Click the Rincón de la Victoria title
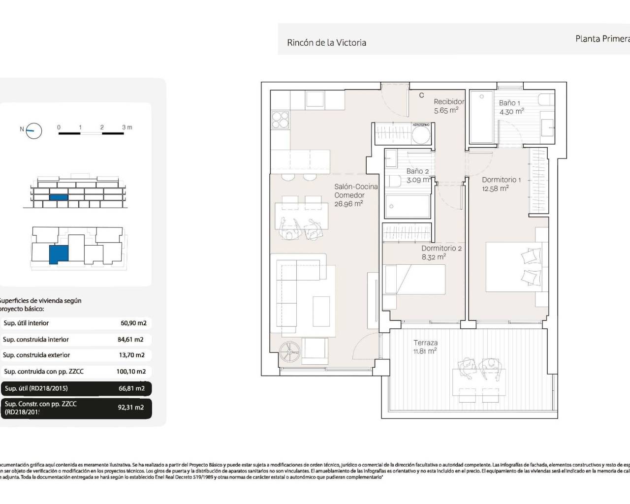coord(326,43)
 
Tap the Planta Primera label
coord(602,38)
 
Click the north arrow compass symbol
coord(34,130)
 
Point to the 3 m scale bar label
coord(127,127)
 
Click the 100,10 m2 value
coord(131,372)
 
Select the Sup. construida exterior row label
coord(36,355)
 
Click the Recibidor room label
coord(448,102)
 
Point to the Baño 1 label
coord(509,103)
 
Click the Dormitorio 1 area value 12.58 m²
coord(495,188)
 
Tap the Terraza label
coord(425,343)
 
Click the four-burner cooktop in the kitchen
coord(281,121)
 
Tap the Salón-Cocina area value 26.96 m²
coord(348,204)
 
